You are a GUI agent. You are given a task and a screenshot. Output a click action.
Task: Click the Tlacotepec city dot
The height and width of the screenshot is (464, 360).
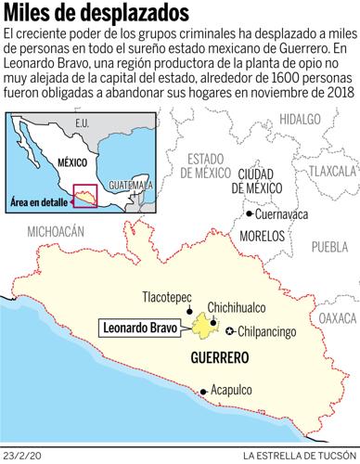(190, 309)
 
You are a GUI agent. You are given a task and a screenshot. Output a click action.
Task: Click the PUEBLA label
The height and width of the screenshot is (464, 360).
(329, 247)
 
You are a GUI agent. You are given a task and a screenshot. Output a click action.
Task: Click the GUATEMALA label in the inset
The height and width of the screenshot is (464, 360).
(122, 185)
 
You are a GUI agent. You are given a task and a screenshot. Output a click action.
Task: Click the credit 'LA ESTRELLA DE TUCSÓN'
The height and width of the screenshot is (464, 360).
(300, 455)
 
